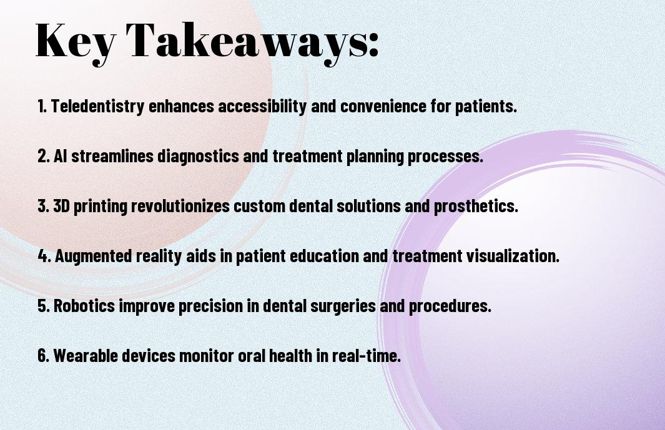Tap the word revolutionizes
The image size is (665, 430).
(x=180, y=206)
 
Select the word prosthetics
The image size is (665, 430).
(x=476, y=207)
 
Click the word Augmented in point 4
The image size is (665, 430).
(x=93, y=256)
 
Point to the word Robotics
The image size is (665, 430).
(x=84, y=306)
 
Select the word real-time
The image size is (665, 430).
(x=366, y=355)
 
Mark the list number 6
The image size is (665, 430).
(x=43, y=355)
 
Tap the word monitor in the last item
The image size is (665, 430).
(x=207, y=356)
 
